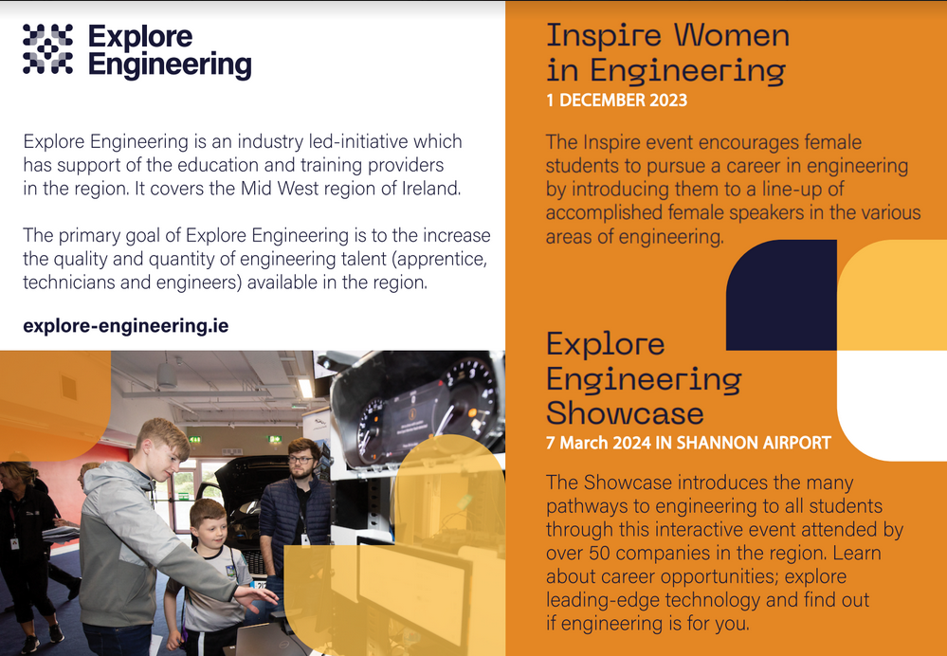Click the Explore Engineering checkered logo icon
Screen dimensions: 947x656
click(47, 49)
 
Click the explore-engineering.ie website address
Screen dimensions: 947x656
click(126, 326)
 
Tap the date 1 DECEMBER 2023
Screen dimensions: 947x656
click(616, 100)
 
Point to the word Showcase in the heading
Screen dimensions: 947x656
click(625, 413)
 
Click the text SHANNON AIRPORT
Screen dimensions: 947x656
click(754, 443)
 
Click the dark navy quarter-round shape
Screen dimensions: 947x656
click(781, 295)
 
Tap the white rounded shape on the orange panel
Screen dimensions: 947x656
click(892, 406)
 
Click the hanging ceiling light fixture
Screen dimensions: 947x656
click(167, 374)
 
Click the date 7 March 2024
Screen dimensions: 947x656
click(598, 443)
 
